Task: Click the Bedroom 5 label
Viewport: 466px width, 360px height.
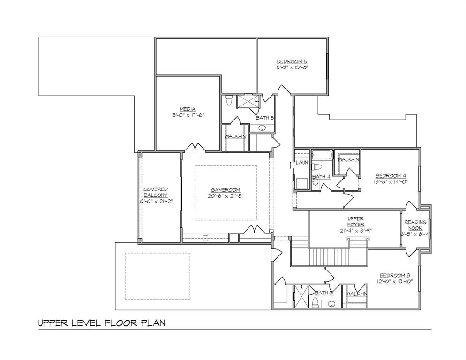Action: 292,61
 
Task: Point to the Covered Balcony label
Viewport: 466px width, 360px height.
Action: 156,192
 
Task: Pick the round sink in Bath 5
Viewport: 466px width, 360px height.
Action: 262,128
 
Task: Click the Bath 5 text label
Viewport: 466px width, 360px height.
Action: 264,118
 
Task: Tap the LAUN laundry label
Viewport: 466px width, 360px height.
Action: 301,163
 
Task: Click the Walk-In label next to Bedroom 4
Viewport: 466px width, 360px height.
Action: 348,160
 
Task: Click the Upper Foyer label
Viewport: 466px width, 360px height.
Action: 356,221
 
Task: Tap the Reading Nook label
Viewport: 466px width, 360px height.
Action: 415,225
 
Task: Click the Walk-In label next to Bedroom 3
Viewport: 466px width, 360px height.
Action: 356,294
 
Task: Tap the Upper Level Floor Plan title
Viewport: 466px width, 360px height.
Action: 101,323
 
